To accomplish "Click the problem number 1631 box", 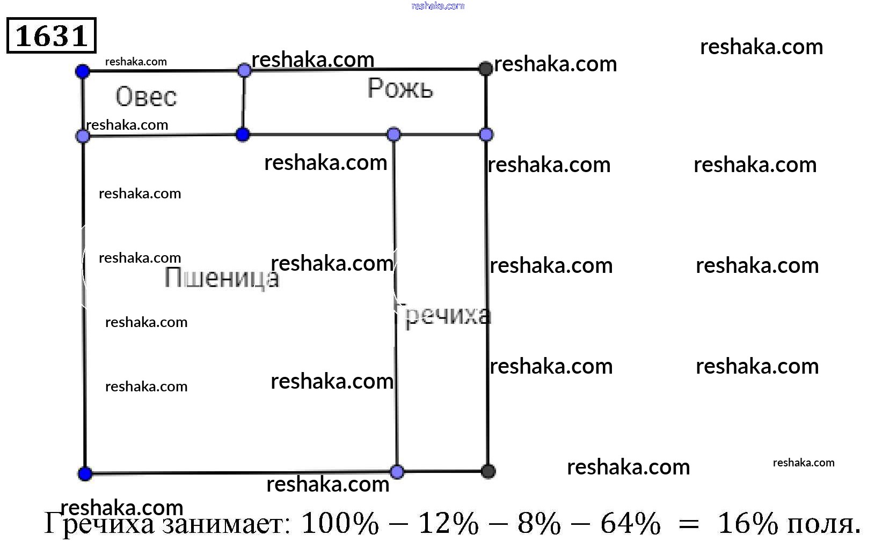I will pos(51,35).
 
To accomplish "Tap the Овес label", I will pos(146,96).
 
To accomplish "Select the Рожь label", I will pos(400,88).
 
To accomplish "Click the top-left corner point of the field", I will pos(83,71).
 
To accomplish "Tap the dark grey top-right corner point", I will pos(485,69).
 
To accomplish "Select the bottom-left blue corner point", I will pos(85,473).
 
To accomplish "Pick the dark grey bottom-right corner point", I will pos(488,471).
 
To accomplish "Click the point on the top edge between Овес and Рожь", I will pos(244,70).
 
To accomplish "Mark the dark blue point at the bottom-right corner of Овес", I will pos(243,134).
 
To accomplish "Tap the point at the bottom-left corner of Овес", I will pos(83,136).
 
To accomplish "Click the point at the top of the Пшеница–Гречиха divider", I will pos(393,134).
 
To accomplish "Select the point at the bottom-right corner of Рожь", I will pos(486,134).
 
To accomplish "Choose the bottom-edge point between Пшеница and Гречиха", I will pos(397,472).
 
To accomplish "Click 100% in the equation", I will pos(340,523).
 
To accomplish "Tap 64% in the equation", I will pos(630,523).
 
